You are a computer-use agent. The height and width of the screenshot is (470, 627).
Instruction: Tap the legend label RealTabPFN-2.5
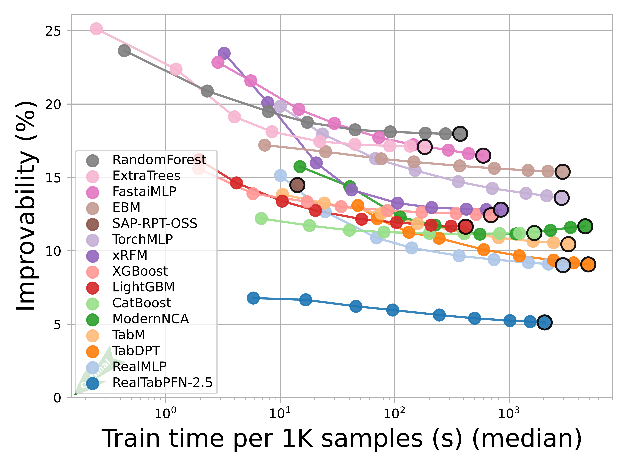pyautogui.click(x=162, y=383)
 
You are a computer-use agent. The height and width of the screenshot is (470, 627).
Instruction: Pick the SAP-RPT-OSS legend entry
pyautogui.click(x=155, y=224)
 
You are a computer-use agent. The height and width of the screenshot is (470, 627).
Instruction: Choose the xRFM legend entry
pyautogui.click(x=130, y=255)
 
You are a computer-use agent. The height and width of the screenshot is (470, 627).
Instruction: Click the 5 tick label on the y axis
pyautogui.click(x=57, y=324)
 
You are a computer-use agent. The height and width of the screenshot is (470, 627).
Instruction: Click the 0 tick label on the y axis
pyautogui.click(x=57, y=398)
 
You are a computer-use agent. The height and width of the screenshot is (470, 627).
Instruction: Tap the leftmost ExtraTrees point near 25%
pyautogui.click(x=96, y=29)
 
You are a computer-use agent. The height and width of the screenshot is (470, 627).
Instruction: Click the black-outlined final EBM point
pyautogui.click(x=563, y=172)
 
